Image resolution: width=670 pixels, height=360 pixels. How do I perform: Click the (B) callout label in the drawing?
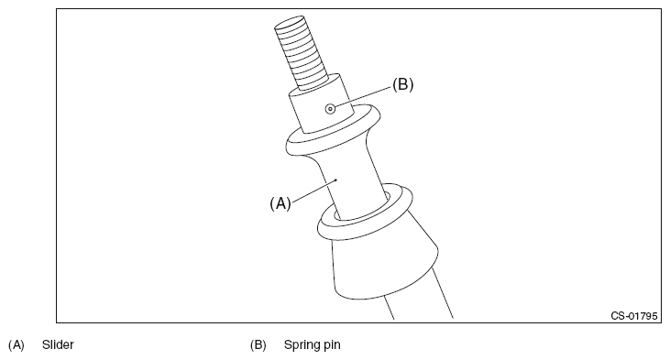click(x=403, y=84)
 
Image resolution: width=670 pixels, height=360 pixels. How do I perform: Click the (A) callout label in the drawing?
click(x=280, y=203)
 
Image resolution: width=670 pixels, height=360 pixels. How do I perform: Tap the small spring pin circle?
click(x=330, y=109)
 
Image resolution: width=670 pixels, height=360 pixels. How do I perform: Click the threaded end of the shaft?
click(x=301, y=52)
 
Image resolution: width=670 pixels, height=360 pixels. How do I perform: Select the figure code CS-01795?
click(x=634, y=316)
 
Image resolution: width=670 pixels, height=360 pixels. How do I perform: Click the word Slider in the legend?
click(x=58, y=344)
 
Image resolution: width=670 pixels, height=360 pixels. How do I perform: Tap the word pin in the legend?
click(x=332, y=345)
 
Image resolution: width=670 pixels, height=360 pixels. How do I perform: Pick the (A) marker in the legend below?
click(x=16, y=344)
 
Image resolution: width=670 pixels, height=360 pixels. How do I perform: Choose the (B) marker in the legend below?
click(x=258, y=344)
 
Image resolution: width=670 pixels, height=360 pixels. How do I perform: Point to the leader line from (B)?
click(x=363, y=98)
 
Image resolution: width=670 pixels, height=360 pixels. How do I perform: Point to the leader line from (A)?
click(x=314, y=191)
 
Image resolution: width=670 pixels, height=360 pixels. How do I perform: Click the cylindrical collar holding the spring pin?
click(x=322, y=104)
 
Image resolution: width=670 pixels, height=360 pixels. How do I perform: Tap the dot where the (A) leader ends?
click(x=337, y=180)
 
